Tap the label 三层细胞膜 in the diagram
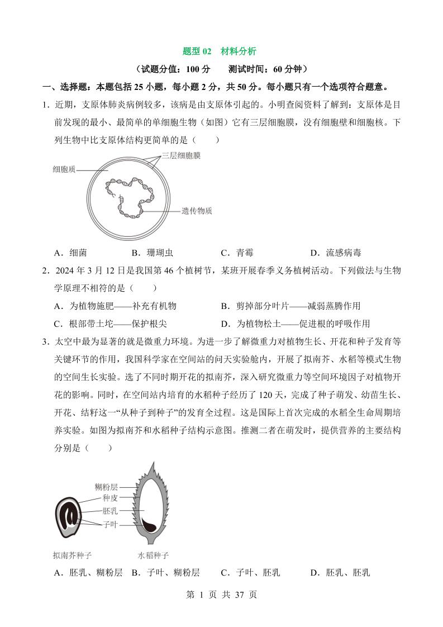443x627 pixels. pos(181,156)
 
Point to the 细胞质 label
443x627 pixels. pos(65,168)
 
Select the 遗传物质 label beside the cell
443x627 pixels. pos(197,211)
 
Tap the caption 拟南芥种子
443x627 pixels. pos(72,555)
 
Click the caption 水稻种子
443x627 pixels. pos(153,555)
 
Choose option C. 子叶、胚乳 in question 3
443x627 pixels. pos(250,572)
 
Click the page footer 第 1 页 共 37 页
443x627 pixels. pos(221,595)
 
